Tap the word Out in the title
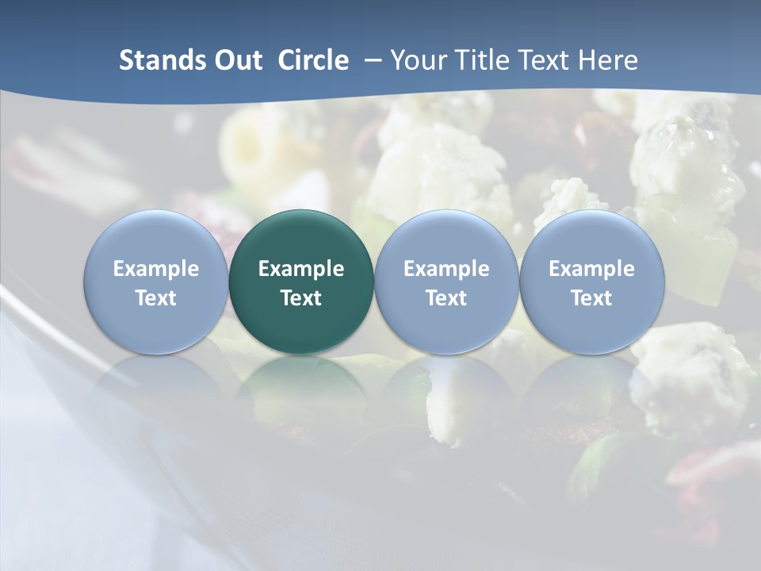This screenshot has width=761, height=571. tap(235, 60)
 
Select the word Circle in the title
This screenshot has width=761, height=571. tap(313, 60)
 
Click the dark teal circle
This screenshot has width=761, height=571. tap(301, 282)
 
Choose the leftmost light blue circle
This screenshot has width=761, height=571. tap(156, 282)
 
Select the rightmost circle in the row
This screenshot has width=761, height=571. tap(592, 282)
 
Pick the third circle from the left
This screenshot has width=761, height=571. tap(446, 282)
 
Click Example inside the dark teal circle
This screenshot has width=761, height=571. tap(301, 269)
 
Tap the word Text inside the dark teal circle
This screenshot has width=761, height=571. tap(301, 298)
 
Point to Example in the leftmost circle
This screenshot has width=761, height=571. tap(156, 269)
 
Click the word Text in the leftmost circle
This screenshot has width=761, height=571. tap(156, 298)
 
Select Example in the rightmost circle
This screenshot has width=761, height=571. tap(592, 269)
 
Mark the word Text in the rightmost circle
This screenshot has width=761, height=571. tap(592, 298)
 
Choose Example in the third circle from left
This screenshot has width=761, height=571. tap(446, 269)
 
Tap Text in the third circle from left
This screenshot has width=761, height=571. tap(446, 298)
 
